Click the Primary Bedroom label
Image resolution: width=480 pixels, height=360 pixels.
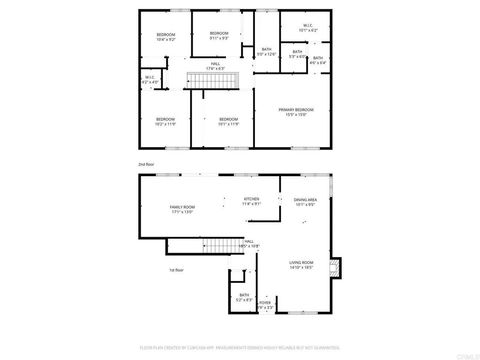(x=296, y=112)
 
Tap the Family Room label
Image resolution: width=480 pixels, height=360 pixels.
(x=182, y=209)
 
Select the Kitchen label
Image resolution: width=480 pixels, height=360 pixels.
(x=251, y=201)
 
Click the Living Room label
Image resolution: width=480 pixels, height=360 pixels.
(x=301, y=265)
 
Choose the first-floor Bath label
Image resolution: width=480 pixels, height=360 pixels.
(x=244, y=297)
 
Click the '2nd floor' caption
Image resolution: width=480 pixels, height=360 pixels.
(x=146, y=162)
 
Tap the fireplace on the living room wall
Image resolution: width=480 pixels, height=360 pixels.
(x=335, y=267)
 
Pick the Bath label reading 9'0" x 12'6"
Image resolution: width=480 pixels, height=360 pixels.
(x=267, y=52)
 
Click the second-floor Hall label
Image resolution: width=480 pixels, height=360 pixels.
(x=215, y=65)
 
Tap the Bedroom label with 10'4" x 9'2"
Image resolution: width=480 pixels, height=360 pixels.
(x=165, y=38)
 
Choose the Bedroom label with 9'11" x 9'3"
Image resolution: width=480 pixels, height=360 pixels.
(x=219, y=36)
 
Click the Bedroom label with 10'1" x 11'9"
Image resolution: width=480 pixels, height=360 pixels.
(x=228, y=121)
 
